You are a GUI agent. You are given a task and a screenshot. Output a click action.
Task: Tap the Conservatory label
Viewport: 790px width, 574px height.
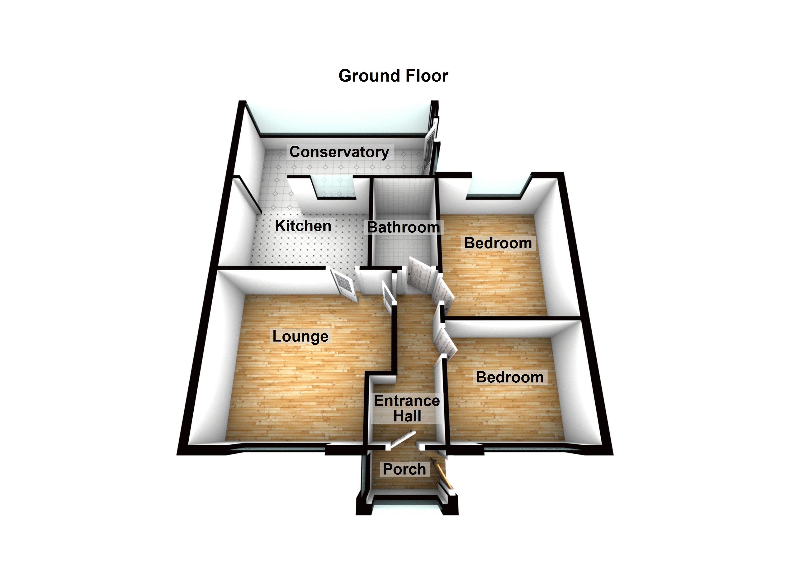pos(339,152)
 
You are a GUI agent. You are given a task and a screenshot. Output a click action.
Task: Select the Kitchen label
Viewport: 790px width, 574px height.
pos(303,226)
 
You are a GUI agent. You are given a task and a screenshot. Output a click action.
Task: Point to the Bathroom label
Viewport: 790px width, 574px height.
pos(403,227)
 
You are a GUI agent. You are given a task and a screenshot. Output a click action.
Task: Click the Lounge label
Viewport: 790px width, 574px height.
pos(300,336)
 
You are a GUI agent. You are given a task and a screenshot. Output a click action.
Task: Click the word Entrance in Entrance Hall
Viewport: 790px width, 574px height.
pos(406,401)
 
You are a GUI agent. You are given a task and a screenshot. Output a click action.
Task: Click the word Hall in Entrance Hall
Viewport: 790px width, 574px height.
pos(407,416)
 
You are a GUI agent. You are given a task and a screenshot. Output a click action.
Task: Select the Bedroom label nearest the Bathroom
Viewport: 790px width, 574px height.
pos(498,243)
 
